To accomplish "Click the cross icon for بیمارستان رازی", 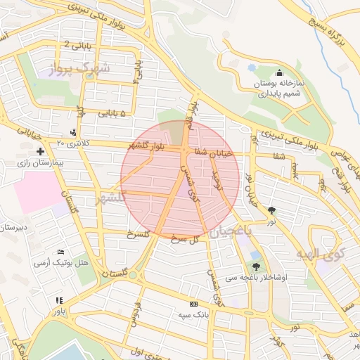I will (41, 151).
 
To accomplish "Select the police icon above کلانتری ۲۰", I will (74, 132).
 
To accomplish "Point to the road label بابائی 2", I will (77, 45).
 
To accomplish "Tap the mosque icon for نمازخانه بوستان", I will (279, 72).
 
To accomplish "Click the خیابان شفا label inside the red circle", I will (211, 151).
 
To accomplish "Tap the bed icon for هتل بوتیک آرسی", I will (61, 252).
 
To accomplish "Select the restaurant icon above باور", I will (59, 300).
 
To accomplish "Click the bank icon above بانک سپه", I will (193, 304).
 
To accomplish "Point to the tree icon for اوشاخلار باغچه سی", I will (256, 266).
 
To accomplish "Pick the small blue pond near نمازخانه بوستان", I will (252, 68).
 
